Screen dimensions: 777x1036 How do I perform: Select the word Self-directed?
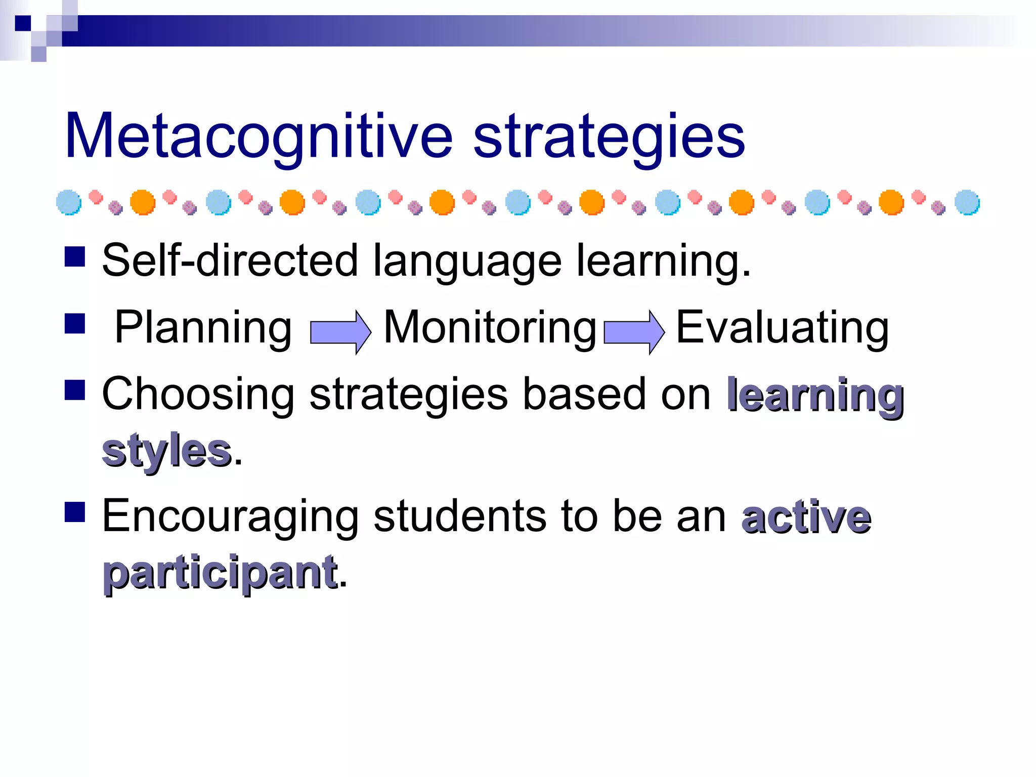click(x=230, y=260)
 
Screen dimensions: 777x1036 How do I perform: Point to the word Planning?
click(x=203, y=328)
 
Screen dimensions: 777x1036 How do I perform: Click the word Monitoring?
click(x=490, y=328)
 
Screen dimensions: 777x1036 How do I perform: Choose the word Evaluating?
click(x=782, y=328)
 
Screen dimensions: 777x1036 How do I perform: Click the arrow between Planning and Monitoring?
click(x=340, y=332)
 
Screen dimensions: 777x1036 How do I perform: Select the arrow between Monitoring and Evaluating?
click(x=634, y=332)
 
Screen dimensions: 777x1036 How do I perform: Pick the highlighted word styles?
click(x=166, y=450)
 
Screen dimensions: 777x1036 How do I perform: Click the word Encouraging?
click(x=230, y=516)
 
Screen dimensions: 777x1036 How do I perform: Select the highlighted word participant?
click(x=220, y=573)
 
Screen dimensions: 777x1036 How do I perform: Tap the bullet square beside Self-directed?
click(x=75, y=256)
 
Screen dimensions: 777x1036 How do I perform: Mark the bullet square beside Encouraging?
click(x=75, y=512)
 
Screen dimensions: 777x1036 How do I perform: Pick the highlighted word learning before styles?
click(x=815, y=396)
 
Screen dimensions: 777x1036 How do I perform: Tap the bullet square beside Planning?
click(x=75, y=324)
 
